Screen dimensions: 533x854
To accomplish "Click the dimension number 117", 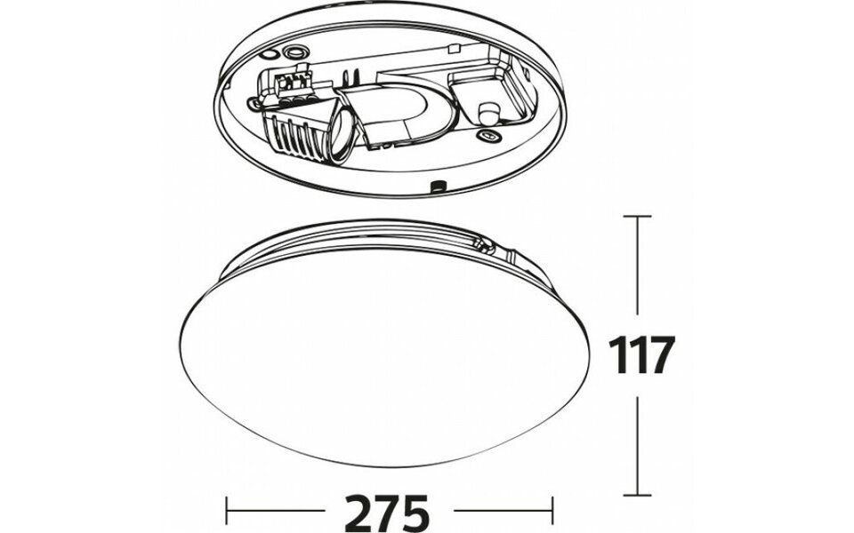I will pos(638,355).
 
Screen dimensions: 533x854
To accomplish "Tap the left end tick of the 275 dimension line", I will pos(228,512).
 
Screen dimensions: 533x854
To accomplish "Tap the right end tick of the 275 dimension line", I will pos(552,512).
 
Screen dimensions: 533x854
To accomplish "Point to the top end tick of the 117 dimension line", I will pos(637,216).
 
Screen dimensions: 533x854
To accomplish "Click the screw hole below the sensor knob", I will pos(485,135).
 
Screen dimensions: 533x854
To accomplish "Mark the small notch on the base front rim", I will pos(437,187).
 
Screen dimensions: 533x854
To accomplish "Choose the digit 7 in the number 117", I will pos(659,355).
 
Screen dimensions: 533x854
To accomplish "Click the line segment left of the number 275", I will pos(276,512).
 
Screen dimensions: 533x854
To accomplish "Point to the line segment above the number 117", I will pos(637,271).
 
